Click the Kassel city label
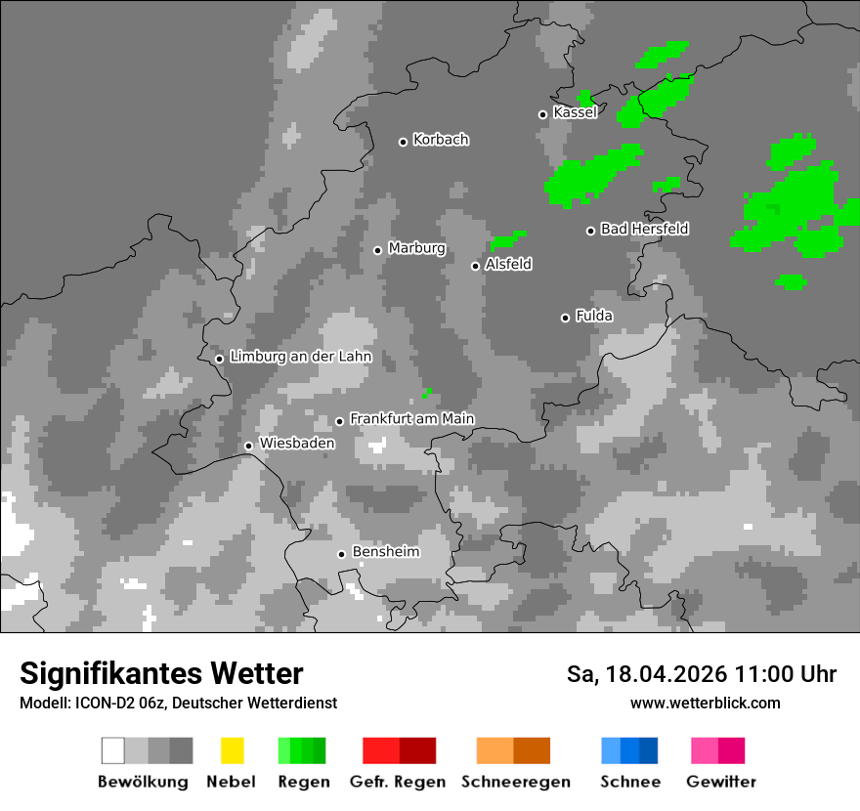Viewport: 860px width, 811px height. point(575,112)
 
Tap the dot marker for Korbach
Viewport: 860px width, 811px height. point(403,142)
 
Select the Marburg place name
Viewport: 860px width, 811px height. point(416,248)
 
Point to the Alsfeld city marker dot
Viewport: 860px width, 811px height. point(476,266)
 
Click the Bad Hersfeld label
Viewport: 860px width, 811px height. point(644,229)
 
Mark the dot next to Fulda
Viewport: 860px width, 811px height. point(565,318)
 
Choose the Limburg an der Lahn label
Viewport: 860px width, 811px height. point(300,357)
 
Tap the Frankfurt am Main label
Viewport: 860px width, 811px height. point(411,418)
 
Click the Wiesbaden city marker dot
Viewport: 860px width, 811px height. point(248,446)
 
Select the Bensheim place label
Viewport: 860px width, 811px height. point(385,552)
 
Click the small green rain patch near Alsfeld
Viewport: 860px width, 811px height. point(506,239)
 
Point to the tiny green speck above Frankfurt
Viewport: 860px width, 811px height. point(426,393)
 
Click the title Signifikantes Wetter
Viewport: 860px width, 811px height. point(161,673)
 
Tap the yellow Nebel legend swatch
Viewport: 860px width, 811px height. point(232,750)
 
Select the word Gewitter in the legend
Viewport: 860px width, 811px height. point(720,782)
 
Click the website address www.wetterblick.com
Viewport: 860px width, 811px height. point(705,703)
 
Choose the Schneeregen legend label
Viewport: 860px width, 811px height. point(515,782)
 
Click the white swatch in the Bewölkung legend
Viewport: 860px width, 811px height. point(113,750)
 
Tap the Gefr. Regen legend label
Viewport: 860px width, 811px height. point(397,782)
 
